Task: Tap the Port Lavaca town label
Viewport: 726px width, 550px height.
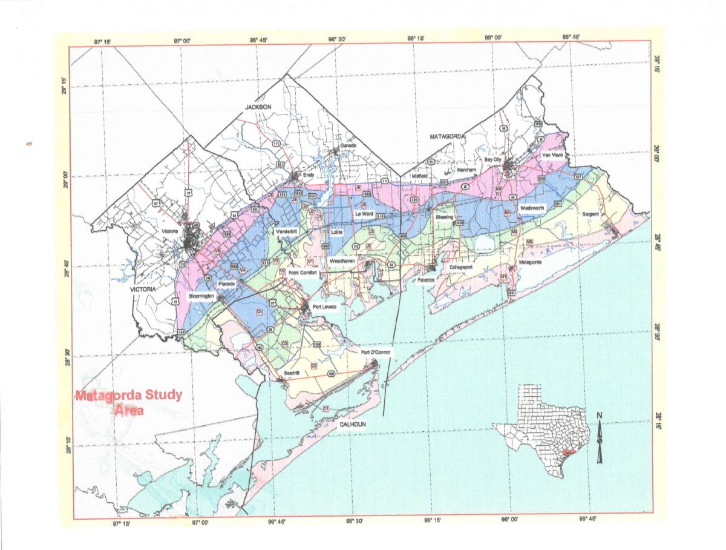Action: (324, 306)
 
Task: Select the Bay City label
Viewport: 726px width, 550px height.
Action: (494, 159)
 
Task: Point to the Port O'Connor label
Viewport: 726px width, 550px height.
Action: (377, 353)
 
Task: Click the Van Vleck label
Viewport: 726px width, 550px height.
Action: (552, 155)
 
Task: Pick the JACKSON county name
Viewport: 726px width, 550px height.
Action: (260, 107)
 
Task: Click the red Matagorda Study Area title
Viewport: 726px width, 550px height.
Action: (128, 402)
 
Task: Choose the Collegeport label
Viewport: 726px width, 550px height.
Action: (465, 266)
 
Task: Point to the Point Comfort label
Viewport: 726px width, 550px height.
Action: (302, 273)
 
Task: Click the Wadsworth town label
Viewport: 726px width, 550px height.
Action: (532, 208)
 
